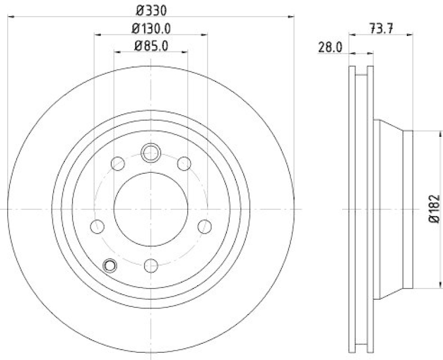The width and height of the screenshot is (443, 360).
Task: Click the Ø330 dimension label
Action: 151,9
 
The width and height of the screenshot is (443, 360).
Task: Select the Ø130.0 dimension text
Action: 151,28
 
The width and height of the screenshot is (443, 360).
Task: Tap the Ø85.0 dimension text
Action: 151,45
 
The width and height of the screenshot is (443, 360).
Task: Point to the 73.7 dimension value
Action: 381,27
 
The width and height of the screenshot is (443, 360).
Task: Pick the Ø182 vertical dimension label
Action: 435,209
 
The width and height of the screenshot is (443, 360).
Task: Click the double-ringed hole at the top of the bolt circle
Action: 151,152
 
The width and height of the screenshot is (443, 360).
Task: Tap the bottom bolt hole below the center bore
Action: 151,266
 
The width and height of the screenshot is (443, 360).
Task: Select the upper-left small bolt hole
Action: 118,163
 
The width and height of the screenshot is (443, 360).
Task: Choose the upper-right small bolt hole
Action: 184,163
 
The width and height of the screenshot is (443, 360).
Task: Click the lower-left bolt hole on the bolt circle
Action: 97,227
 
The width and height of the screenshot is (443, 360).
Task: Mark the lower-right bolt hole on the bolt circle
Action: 204,227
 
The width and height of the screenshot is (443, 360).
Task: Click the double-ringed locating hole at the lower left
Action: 110,266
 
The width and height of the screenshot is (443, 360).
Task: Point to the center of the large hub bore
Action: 151,209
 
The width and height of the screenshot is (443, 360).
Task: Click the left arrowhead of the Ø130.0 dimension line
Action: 96,34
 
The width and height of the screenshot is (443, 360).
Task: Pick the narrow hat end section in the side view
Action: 408,209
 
